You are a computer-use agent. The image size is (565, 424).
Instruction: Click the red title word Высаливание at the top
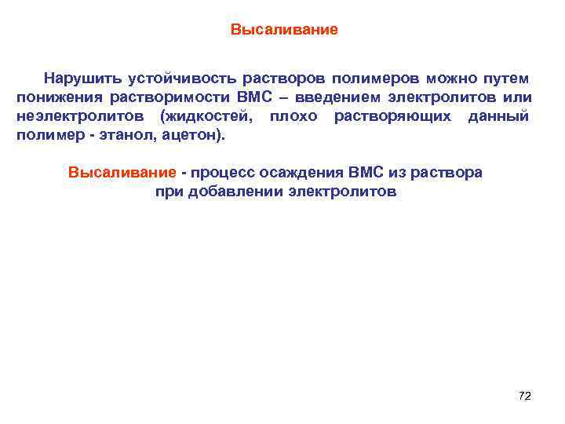[x=284, y=31]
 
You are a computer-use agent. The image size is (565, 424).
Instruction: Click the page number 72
[x=525, y=396]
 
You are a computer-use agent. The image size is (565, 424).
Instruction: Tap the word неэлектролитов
[x=79, y=116]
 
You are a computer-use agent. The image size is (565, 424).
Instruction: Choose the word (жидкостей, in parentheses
[x=206, y=116]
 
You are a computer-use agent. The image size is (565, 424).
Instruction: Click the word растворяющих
[x=392, y=116]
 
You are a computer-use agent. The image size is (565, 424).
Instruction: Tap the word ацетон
[x=191, y=135]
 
